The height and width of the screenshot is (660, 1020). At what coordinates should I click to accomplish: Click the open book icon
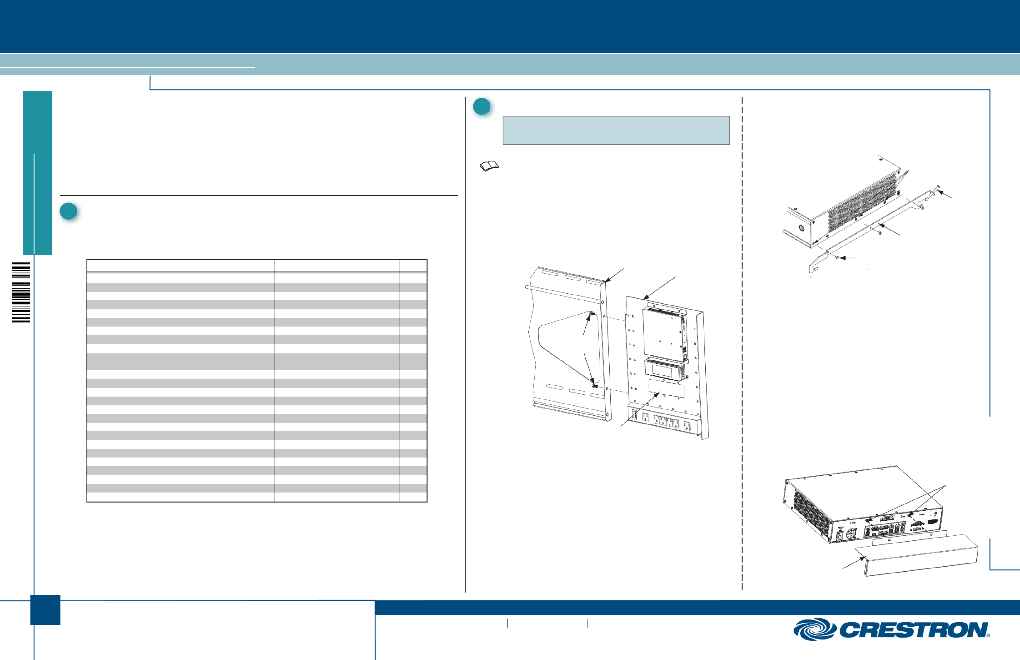[x=489, y=166]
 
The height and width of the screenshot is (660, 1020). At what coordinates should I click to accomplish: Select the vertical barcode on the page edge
[x=21, y=292]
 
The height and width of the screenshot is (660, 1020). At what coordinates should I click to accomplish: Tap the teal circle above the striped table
[x=68, y=211]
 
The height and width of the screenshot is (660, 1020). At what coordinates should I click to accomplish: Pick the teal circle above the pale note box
[x=482, y=106]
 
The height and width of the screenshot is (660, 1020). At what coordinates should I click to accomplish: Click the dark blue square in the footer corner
[x=45, y=610]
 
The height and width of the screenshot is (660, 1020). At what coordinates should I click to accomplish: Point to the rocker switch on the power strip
[x=634, y=414]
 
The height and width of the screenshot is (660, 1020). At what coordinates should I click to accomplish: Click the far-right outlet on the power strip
[x=687, y=425]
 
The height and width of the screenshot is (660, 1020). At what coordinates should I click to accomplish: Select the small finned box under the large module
[x=665, y=368]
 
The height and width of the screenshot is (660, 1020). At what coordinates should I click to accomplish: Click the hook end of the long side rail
[x=816, y=263]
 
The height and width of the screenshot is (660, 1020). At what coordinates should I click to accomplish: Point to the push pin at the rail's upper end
[x=933, y=191]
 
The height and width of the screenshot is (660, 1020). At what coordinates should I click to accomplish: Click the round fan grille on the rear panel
[x=851, y=533]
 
